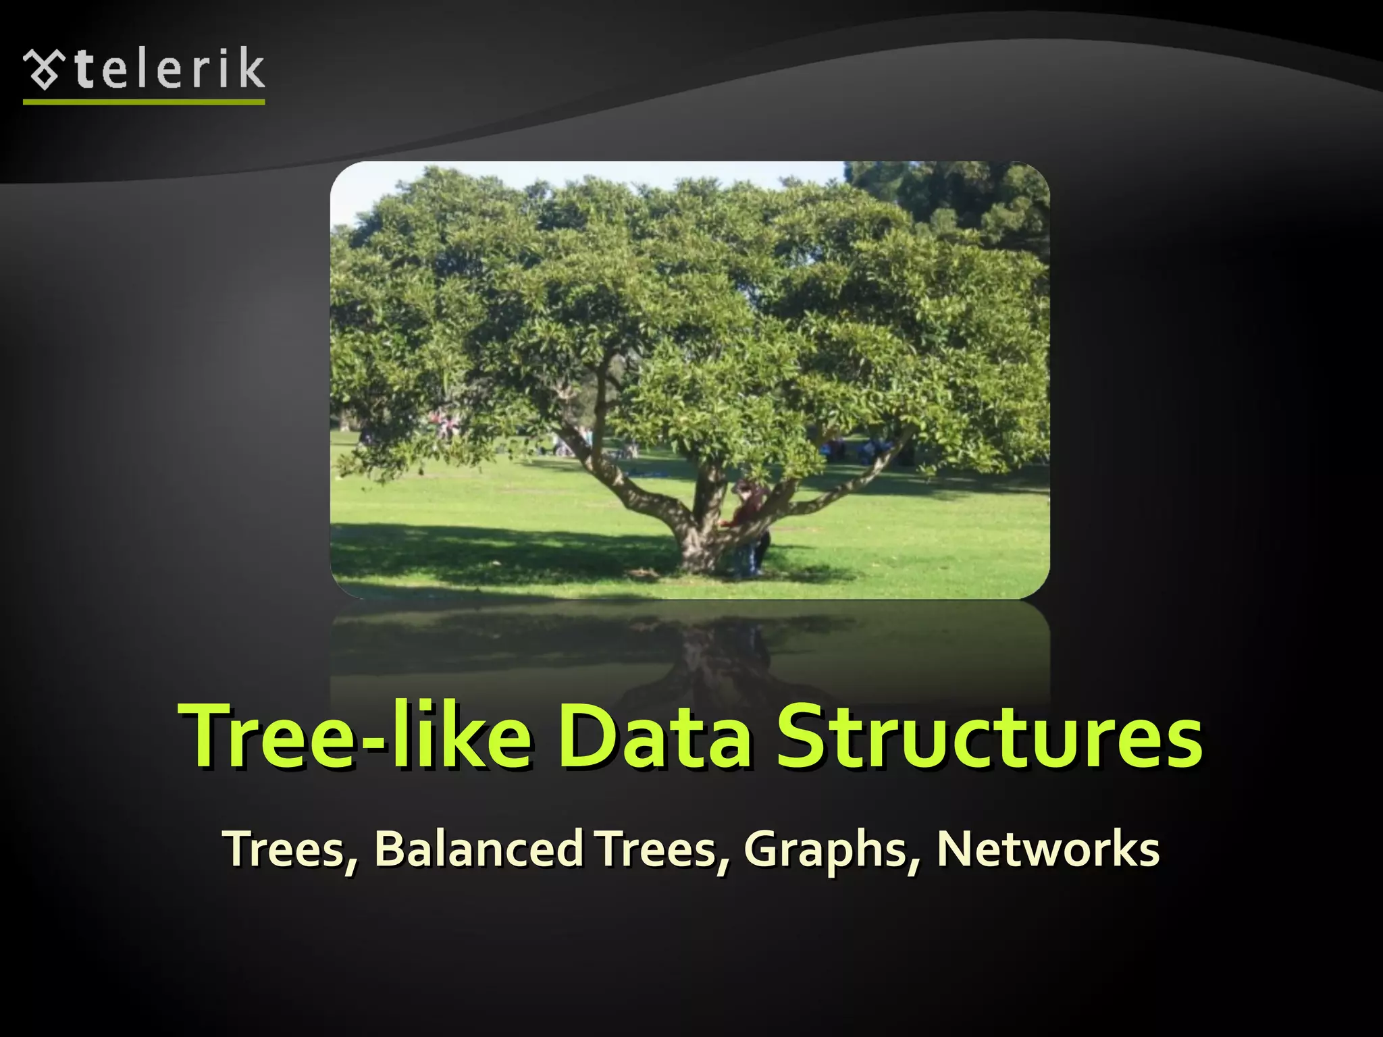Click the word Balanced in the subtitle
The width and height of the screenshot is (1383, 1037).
point(479,849)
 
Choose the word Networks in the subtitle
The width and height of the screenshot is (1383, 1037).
point(1047,849)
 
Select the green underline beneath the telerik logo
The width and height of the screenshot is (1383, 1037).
point(144,102)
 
